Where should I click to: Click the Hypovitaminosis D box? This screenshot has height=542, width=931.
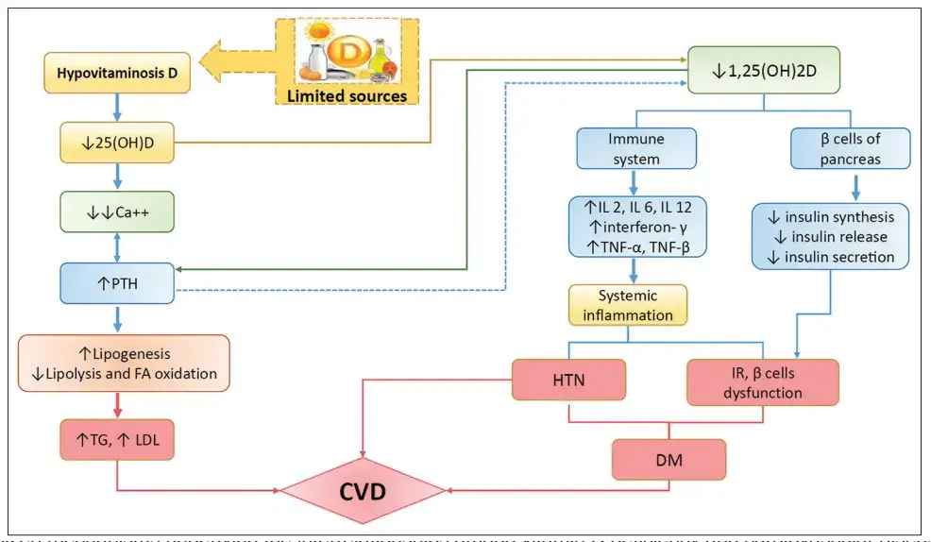tap(117, 73)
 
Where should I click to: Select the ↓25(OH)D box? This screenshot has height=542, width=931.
tap(117, 144)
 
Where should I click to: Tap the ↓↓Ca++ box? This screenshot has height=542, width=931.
tap(117, 214)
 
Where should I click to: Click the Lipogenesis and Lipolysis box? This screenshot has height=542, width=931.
tap(124, 364)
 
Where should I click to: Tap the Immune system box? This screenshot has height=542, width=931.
tap(636, 149)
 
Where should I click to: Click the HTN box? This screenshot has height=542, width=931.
tap(569, 381)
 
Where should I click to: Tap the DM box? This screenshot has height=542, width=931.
tap(669, 460)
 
